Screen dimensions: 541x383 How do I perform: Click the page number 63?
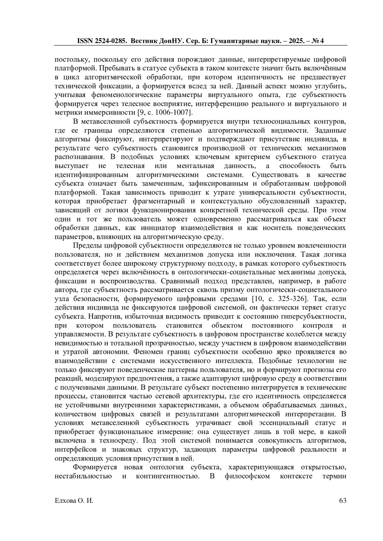point(343,500)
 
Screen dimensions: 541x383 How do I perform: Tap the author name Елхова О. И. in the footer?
point(74,500)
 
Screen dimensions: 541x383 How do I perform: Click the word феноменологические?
point(127,95)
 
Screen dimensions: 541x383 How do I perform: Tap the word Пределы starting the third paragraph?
point(85,245)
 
